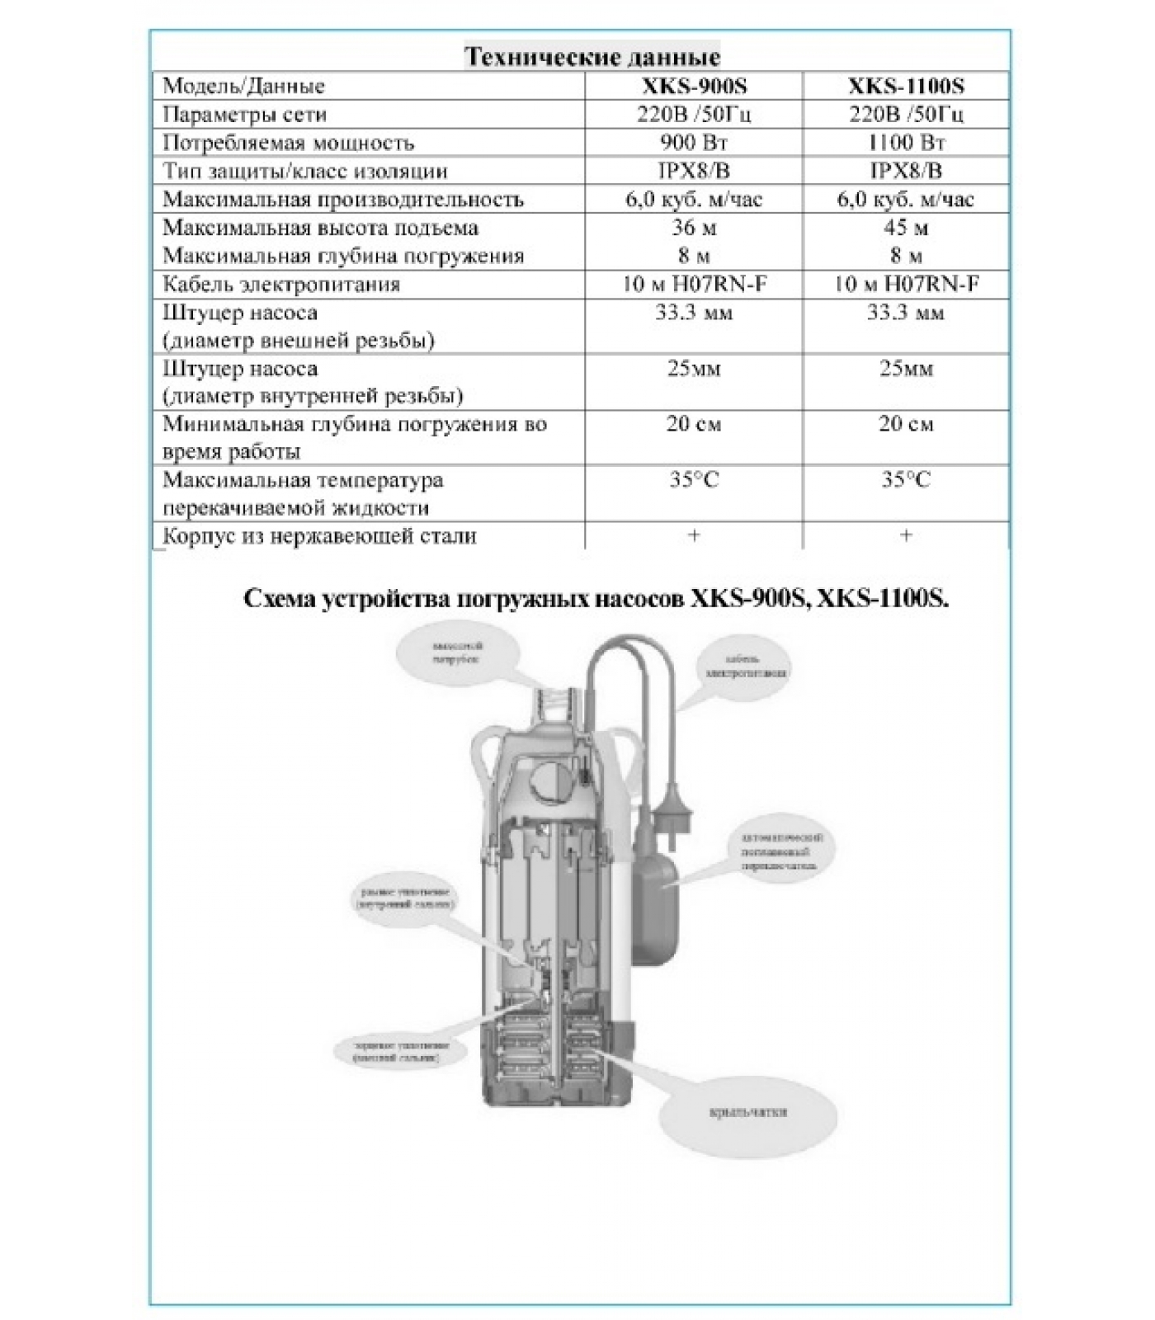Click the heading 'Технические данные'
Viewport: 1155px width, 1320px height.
tap(592, 57)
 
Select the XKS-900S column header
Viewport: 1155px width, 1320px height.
tap(694, 86)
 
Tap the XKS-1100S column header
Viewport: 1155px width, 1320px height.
tap(906, 86)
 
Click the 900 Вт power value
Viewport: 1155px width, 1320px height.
tap(694, 143)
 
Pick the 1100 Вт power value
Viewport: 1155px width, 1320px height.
tap(906, 143)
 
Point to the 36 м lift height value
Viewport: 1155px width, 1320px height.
tap(694, 228)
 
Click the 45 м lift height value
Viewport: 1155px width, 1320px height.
tap(906, 228)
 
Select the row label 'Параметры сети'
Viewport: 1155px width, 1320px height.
tap(244, 115)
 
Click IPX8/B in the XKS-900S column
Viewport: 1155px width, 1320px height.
tap(694, 171)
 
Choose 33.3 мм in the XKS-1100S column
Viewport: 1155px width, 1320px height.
tap(906, 313)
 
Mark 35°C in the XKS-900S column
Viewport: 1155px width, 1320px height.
tap(694, 480)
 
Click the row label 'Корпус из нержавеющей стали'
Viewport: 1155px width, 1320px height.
tap(319, 536)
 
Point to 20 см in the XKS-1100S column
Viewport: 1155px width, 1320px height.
tap(906, 424)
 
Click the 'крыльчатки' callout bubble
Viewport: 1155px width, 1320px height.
tap(747, 1111)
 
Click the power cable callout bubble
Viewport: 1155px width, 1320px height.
tap(746, 667)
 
